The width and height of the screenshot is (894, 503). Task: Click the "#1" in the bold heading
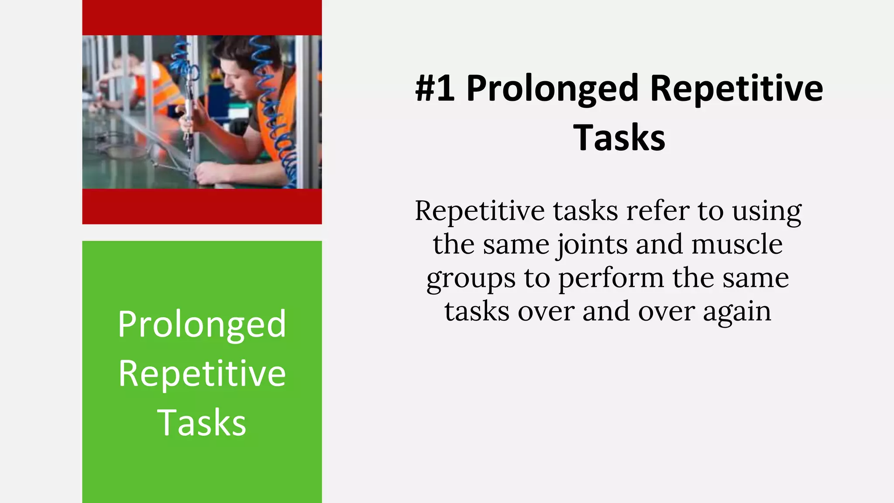pos(435,89)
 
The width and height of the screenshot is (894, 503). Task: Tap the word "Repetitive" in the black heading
pos(736,89)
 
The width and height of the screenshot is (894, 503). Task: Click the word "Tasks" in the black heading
pos(619,138)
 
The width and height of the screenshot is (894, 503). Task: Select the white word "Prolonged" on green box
pos(202,325)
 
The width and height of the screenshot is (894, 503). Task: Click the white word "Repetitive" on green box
pos(202,374)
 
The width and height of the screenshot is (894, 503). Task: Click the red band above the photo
pos(202,17)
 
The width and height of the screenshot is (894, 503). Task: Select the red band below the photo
pos(202,206)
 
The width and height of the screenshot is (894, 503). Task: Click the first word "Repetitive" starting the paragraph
pos(479,211)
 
